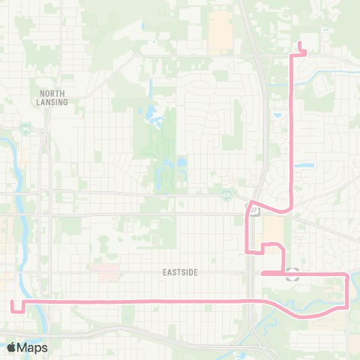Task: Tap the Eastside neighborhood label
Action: click(180, 273)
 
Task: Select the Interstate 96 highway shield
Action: click(26, 129)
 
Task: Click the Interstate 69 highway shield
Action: click(226, 194)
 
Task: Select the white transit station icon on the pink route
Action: click(292, 274)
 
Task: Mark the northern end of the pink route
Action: click(299, 41)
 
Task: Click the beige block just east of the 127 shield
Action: click(273, 226)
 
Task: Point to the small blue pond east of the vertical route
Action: click(304, 165)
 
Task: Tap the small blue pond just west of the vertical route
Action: click(277, 116)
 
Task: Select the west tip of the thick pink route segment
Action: click(260, 274)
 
